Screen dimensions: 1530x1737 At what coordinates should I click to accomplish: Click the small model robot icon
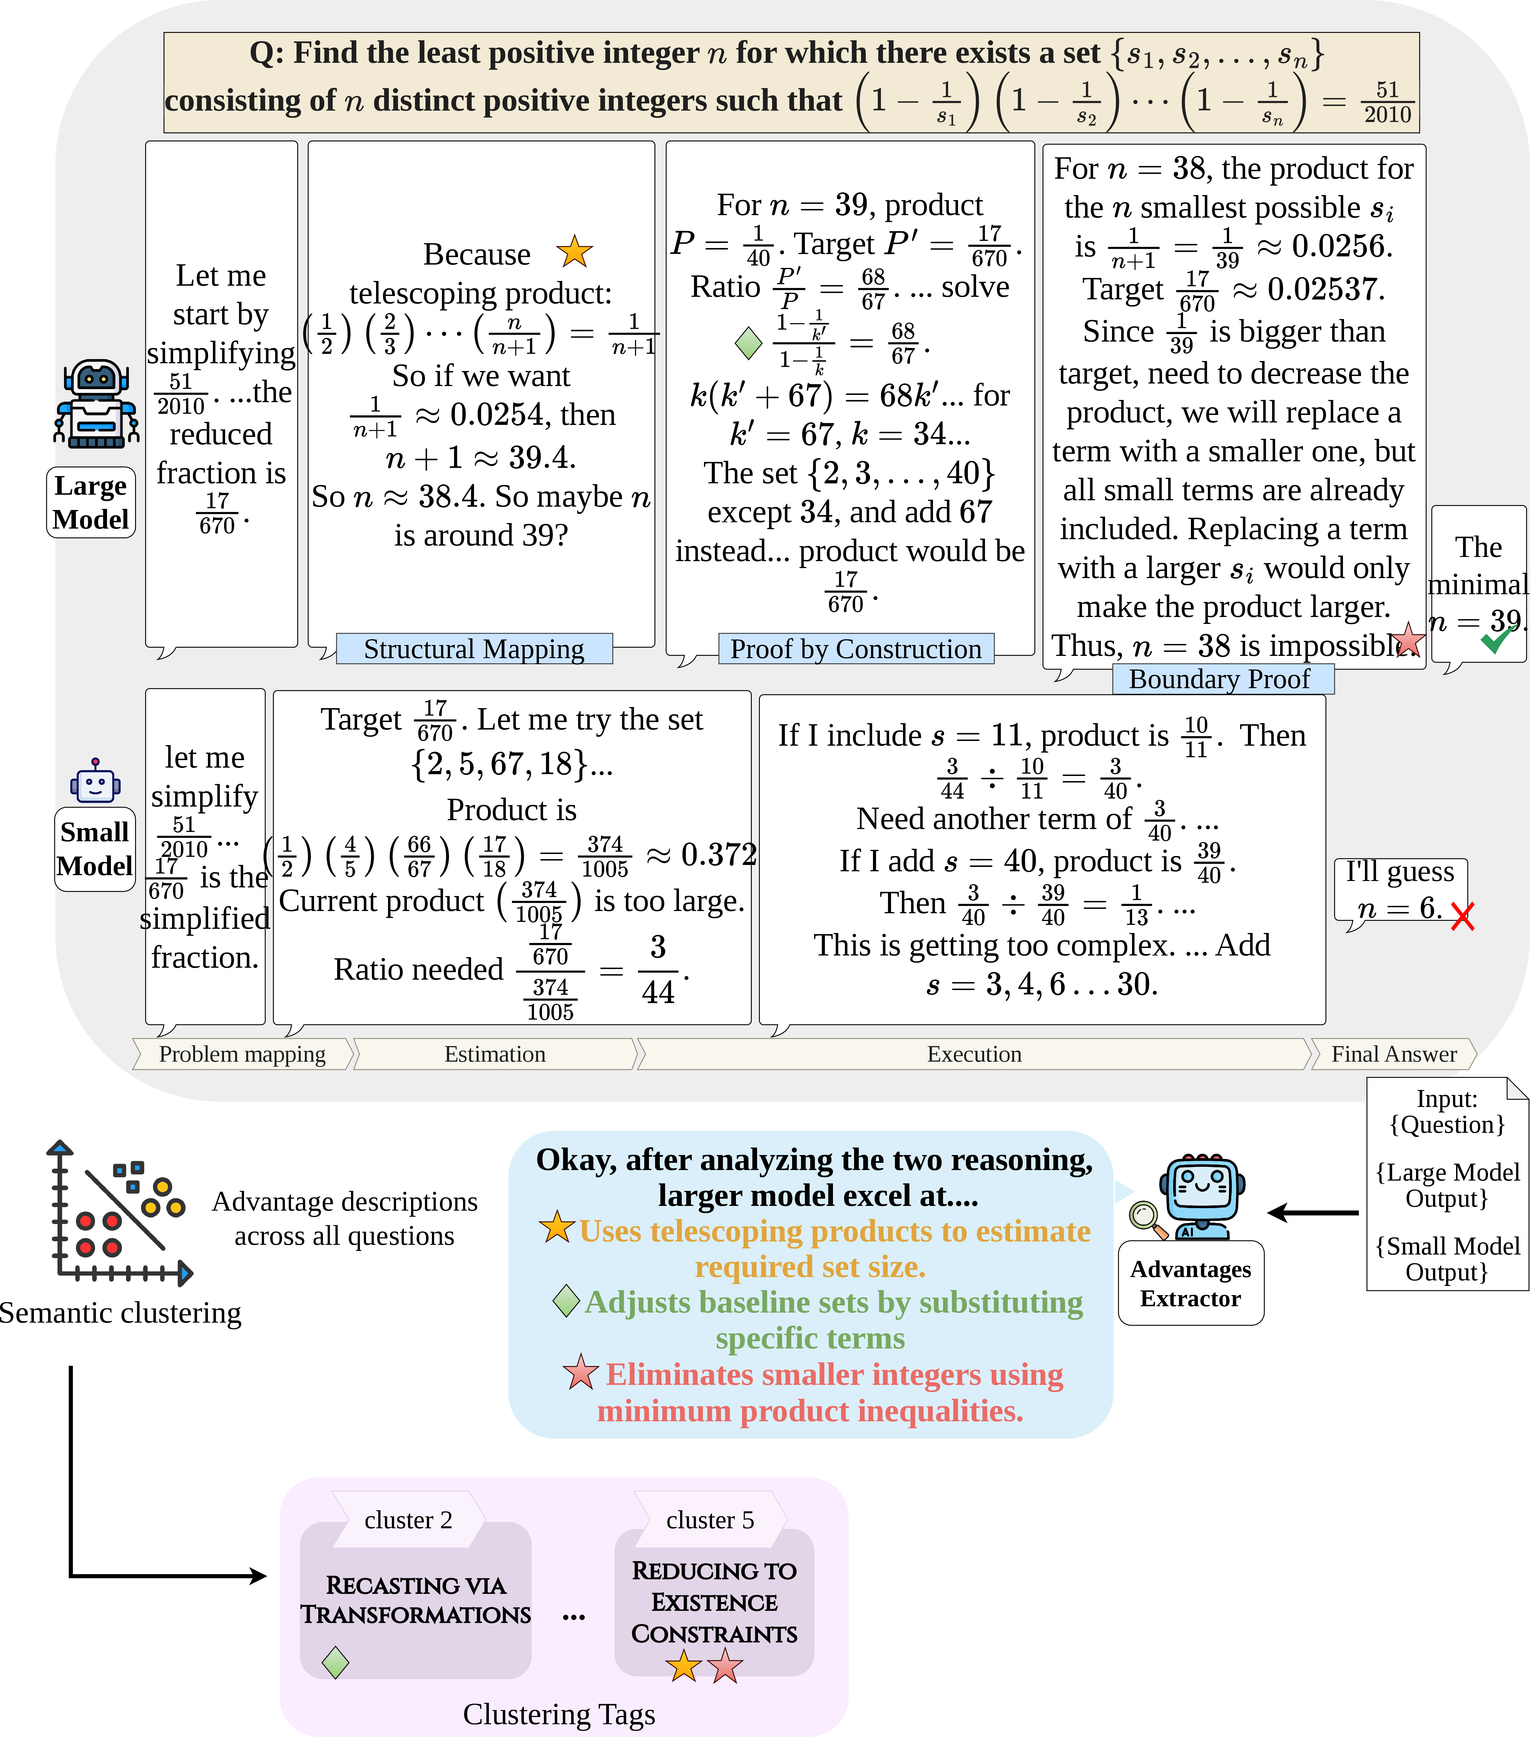95,780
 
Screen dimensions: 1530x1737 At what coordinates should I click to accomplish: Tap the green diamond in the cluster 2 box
336,1662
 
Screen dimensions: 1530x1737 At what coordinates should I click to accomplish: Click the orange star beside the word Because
574,252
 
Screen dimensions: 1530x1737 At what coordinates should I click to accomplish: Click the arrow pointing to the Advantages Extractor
1313,1213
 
